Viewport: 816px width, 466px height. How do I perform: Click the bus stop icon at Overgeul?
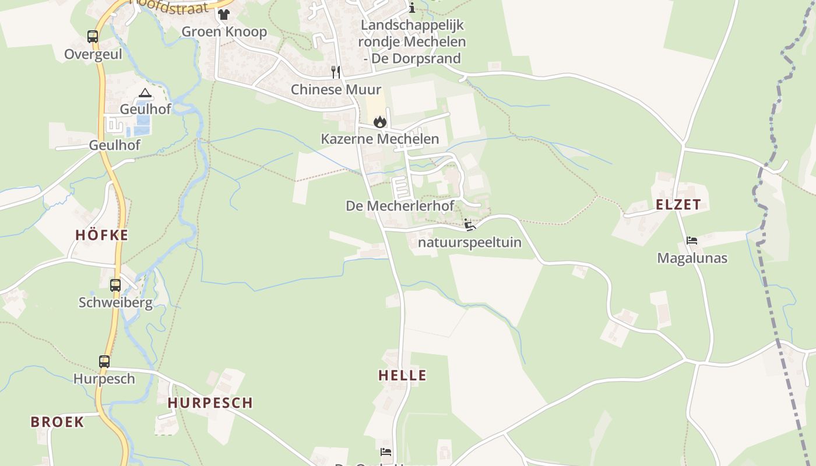point(93,37)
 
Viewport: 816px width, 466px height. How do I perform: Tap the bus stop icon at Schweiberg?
point(115,285)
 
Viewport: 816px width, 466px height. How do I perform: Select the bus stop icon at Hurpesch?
point(104,362)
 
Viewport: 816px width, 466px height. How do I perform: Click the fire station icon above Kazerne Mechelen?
point(380,122)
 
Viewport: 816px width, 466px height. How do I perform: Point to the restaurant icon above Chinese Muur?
point(336,72)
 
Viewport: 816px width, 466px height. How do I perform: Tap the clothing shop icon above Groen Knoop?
point(224,15)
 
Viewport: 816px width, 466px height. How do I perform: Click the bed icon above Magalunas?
point(692,241)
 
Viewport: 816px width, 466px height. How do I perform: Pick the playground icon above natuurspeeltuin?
point(470,225)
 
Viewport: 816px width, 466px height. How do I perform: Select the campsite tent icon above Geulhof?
point(145,93)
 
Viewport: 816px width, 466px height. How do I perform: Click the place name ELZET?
point(678,205)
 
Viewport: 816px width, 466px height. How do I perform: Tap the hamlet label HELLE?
point(402,376)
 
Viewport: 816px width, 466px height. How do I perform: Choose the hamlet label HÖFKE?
point(101,235)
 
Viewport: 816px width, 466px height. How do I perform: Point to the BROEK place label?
point(57,422)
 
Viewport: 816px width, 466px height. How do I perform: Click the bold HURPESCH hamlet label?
point(210,403)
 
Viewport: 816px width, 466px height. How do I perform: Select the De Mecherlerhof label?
point(400,206)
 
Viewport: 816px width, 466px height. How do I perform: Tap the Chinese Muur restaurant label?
point(336,90)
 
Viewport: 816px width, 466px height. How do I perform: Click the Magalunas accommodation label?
point(692,258)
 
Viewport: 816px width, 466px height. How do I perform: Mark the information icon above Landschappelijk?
point(412,8)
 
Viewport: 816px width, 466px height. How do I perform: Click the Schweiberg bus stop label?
point(115,303)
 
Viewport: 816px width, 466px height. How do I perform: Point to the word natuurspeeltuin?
point(470,242)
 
